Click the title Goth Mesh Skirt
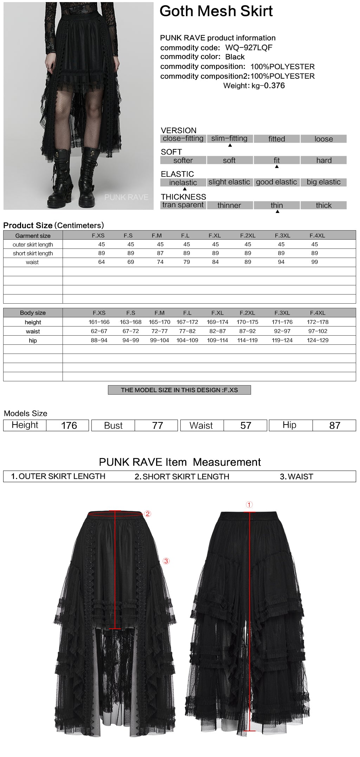pyautogui.click(x=216, y=11)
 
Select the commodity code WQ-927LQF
pyautogui.click(x=249, y=47)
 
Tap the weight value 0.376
pyautogui.click(x=274, y=85)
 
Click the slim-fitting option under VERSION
pyautogui.click(x=229, y=138)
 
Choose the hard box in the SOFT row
pyautogui.click(x=323, y=160)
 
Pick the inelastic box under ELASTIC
pyautogui.click(x=183, y=182)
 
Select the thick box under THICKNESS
pyautogui.click(x=323, y=205)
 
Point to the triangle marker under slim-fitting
pyautogui.click(x=230, y=145)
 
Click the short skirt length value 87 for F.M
pyautogui.click(x=160, y=253)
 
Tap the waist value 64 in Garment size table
pyautogui.click(x=102, y=262)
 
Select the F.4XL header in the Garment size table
pyautogui.click(x=317, y=235)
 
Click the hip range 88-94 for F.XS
pyautogui.click(x=99, y=340)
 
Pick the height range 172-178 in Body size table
pyautogui.click(x=317, y=322)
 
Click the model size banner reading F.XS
pyautogui.click(x=179, y=390)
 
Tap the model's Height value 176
pyautogui.click(x=69, y=425)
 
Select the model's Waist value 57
pyautogui.click(x=246, y=425)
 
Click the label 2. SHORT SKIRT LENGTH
pyautogui.click(x=182, y=477)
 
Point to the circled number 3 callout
pyautogui.click(x=166, y=561)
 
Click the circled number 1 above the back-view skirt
pyautogui.click(x=249, y=505)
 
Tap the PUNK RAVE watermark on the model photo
pyautogui.click(x=126, y=197)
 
